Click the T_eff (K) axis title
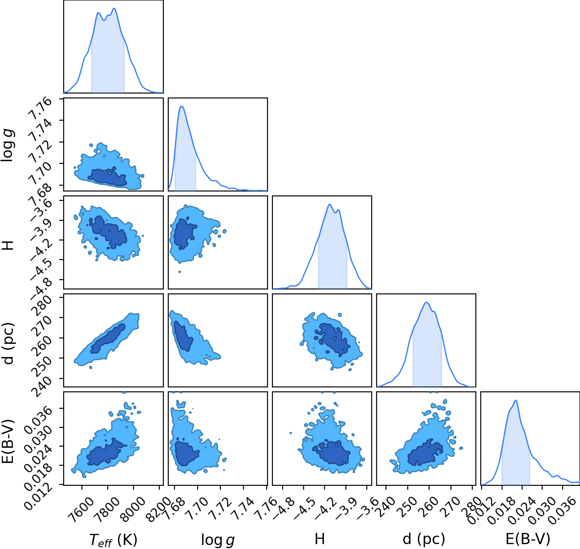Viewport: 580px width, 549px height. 114,540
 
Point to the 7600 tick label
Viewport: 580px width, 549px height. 83,506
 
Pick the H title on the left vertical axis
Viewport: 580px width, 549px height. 9,245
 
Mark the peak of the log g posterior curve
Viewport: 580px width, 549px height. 182,106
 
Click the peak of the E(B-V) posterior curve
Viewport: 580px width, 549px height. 516,401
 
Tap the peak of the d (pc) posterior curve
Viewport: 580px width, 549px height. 426,302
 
